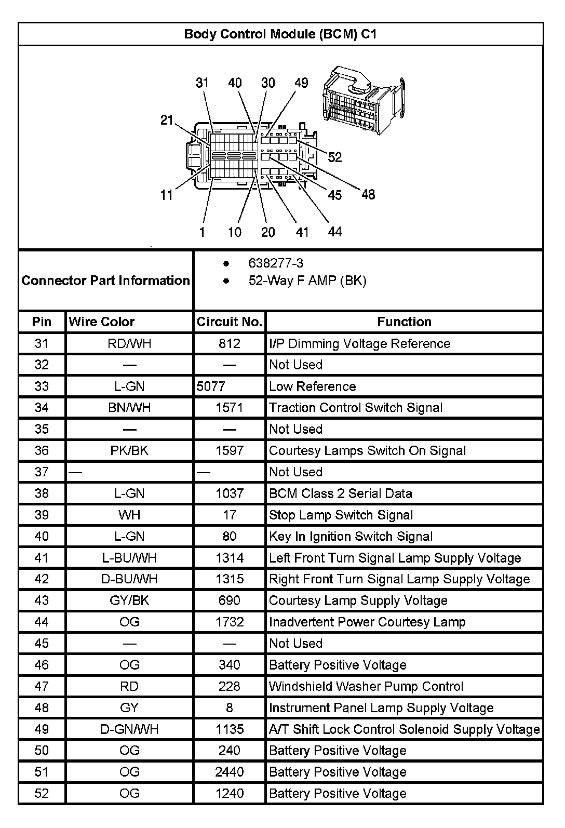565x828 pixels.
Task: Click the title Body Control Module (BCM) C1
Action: [280, 34]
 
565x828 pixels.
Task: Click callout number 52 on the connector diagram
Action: [335, 157]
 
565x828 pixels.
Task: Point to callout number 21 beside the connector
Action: [167, 120]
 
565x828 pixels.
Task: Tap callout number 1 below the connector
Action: [202, 232]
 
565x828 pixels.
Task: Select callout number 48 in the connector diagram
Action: [368, 194]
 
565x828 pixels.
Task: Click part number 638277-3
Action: [276, 263]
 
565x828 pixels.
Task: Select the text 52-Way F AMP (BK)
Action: [307, 281]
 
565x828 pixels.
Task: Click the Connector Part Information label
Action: [106, 281]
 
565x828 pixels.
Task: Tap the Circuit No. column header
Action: [229, 322]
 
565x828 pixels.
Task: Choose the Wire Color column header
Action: [102, 322]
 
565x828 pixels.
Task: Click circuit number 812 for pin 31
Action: [229, 343]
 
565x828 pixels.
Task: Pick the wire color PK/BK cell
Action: [129, 450]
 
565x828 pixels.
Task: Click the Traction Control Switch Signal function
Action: [356, 408]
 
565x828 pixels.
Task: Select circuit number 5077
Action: [211, 386]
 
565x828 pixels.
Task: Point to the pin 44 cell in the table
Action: [42, 622]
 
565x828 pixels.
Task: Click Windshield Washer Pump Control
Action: [366, 686]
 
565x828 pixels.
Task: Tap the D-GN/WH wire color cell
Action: [129, 729]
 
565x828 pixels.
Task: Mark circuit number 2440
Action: [229, 772]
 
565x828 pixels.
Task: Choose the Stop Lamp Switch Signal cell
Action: [341, 515]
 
